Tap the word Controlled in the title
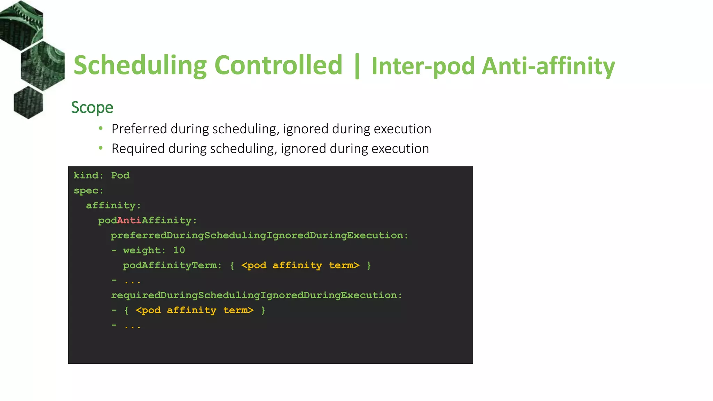click(x=279, y=65)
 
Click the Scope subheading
click(x=92, y=108)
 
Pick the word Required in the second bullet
click(x=138, y=149)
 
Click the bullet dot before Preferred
click(x=101, y=128)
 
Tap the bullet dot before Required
click(x=101, y=148)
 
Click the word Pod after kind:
click(x=120, y=175)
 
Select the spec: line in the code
click(x=88, y=191)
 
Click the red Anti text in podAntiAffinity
click(x=129, y=221)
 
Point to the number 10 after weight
click(x=179, y=251)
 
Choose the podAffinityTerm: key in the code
click(x=172, y=266)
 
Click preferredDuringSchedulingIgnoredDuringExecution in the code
click(x=259, y=236)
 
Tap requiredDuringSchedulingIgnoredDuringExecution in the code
click(x=256, y=296)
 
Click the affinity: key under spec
click(x=113, y=206)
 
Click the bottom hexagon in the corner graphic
click(x=28, y=102)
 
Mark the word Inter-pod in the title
click(x=423, y=66)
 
